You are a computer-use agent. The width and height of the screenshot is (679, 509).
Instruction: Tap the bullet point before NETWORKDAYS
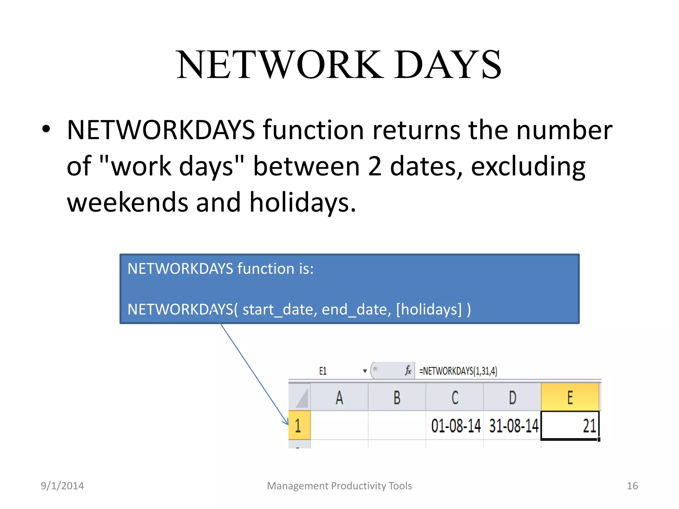click(x=46, y=130)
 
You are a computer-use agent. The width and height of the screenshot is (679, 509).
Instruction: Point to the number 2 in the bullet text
click(x=375, y=166)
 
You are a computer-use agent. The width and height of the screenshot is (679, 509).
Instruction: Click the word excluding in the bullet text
click(x=528, y=166)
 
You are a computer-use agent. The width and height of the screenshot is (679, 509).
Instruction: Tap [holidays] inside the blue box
click(x=429, y=309)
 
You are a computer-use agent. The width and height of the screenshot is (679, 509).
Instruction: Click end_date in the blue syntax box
click(x=356, y=309)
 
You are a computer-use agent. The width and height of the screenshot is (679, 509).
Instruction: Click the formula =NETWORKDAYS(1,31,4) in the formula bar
click(x=458, y=371)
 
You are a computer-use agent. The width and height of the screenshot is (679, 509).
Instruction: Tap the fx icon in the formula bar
click(x=408, y=370)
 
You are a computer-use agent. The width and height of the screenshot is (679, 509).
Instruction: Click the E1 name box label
click(x=323, y=371)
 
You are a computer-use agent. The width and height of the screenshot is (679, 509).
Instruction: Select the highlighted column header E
click(x=570, y=397)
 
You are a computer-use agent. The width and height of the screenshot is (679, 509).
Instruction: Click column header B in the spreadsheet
click(x=397, y=397)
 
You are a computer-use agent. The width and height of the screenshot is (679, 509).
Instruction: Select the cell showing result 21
click(x=570, y=425)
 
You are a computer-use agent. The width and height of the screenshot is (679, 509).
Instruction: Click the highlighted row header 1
click(x=299, y=425)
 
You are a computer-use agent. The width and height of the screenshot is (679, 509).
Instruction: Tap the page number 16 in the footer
click(x=632, y=486)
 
